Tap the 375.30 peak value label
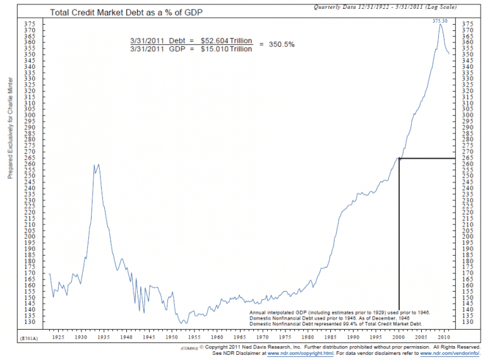point(440,20)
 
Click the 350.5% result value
point(281,45)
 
